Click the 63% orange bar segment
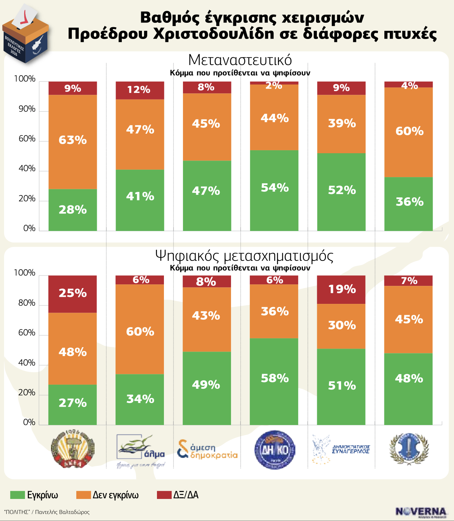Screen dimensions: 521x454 pyautogui.click(x=73, y=142)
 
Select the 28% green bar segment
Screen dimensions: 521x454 pyautogui.click(x=73, y=210)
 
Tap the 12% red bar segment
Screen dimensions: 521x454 pyautogui.click(x=140, y=90)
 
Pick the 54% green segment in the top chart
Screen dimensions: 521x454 pyautogui.click(x=274, y=190)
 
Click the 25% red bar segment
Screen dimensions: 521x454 pyautogui.click(x=73, y=294)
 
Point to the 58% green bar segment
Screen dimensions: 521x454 pyautogui.click(x=274, y=381)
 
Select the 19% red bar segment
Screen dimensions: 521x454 pyautogui.click(x=341, y=290)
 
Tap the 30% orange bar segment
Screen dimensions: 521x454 pyautogui.click(x=341, y=326)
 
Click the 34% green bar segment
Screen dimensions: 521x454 pyautogui.click(x=140, y=399)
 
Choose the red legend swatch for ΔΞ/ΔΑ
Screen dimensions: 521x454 pyautogui.click(x=164, y=495)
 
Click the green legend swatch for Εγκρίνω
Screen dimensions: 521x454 pyautogui.click(x=17, y=495)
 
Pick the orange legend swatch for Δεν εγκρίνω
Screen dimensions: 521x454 pyautogui.click(x=83, y=495)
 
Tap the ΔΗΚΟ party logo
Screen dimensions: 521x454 pyautogui.click(x=275, y=450)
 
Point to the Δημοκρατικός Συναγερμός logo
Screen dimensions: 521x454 pyautogui.click(x=341, y=449)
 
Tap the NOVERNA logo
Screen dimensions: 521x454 pyautogui.click(x=421, y=512)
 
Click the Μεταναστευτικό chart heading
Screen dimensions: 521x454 pyautogui.click(x=240, y=60)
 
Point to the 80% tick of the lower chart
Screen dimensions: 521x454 pyautogui.click(x=27, y=303)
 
